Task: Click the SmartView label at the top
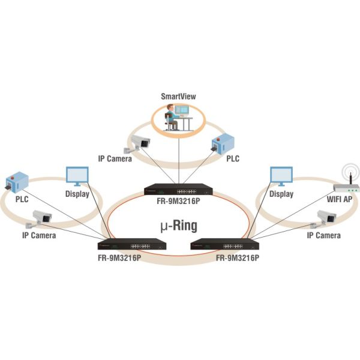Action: (178, 96)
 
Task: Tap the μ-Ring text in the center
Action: (179, 226)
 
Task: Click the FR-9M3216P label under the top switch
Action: (178, 202)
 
